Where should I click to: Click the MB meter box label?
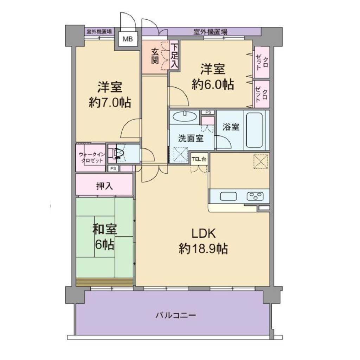(128, 39)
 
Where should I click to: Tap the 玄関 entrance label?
(155, 56)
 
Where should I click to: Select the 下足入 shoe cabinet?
(174, 56)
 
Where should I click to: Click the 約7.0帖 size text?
(110, 103)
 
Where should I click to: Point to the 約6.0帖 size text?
(213, 85)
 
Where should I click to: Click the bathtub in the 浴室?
(255, 130)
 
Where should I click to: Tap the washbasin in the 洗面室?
(185, 116)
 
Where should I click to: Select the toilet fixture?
(117, 153)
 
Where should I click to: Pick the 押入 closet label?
(104, 186)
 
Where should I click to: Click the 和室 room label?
(104, 229)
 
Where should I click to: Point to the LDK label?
(204, 233)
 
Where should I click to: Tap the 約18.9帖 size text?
(203, 249)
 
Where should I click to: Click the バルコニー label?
(176, 315)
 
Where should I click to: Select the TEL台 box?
(199, 159)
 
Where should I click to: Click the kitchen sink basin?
(229, 196)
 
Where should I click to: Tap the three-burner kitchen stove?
(255, 197)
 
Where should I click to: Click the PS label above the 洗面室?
(208, 112)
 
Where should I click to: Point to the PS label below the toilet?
(113, 168)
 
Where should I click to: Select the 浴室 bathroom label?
(231, 127)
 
